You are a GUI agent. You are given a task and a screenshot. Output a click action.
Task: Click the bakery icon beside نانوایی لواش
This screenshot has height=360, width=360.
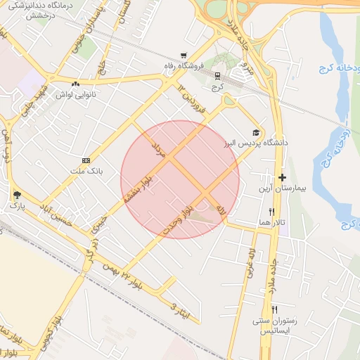[x=75, y=83]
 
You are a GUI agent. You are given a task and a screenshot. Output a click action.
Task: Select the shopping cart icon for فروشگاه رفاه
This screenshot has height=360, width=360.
[x=184, y=56]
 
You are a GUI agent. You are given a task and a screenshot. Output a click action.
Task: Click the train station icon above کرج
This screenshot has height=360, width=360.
[x=217, y=76]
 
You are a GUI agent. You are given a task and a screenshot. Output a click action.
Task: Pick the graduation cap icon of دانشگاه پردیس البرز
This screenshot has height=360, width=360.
[x=257, y=132]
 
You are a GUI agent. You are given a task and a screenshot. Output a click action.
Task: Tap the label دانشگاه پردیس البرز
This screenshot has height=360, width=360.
[x=247, y=143]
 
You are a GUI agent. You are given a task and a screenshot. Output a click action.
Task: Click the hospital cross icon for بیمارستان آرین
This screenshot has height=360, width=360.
[x=282, y=178]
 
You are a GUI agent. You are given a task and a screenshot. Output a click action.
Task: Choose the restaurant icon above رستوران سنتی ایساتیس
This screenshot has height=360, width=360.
[x=274, y=309]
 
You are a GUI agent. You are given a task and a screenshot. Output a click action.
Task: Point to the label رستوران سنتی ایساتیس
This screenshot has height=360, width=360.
[x=277, y=326]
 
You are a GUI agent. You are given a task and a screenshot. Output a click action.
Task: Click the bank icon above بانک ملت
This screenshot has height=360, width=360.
[x=86, y=160]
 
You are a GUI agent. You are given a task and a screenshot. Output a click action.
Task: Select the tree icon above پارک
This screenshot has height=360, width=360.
[x=16, y=195]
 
